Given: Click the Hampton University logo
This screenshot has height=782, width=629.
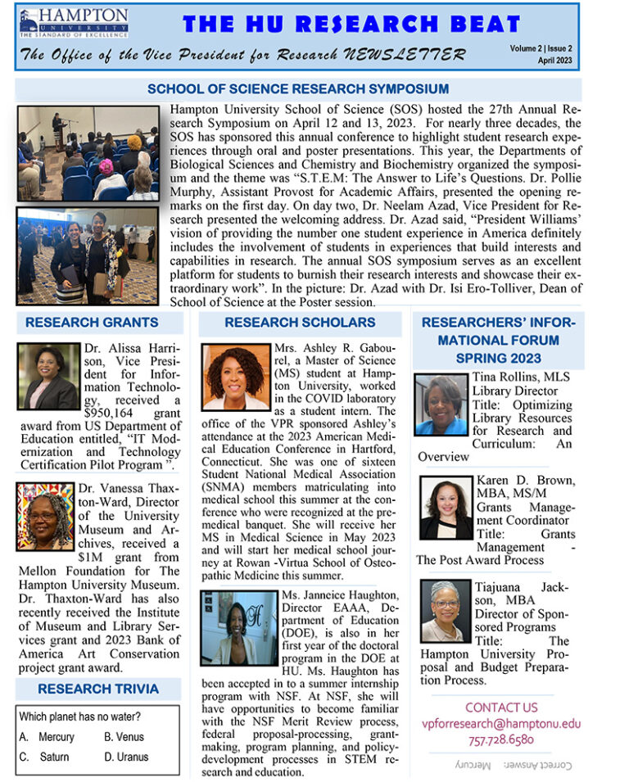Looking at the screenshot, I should coord(73,24).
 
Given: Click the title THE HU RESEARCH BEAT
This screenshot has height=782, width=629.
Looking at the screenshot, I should coord(351,25).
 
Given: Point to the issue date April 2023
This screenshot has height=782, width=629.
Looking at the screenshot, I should coord(554,61).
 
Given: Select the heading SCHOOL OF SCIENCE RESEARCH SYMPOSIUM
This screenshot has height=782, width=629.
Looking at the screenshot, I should coord(297,89).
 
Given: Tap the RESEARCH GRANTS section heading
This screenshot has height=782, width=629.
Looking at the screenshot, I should coord(92,323).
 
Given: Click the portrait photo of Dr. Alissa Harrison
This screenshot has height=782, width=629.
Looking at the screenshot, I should coord(48,377).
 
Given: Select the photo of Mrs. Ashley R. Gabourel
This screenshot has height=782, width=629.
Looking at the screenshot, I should coord(237,377).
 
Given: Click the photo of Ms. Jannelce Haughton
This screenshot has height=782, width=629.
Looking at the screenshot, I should coord(238,627).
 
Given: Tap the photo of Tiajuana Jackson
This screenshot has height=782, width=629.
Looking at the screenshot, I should coord(446,612).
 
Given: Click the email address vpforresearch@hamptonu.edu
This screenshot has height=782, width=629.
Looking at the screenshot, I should coord(500,723).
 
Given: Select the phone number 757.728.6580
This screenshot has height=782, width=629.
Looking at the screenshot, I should coord(501,739).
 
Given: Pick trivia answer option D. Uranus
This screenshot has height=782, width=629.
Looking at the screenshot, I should coord(126,757).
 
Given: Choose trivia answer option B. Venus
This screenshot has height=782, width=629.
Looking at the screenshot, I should coord(124,737).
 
